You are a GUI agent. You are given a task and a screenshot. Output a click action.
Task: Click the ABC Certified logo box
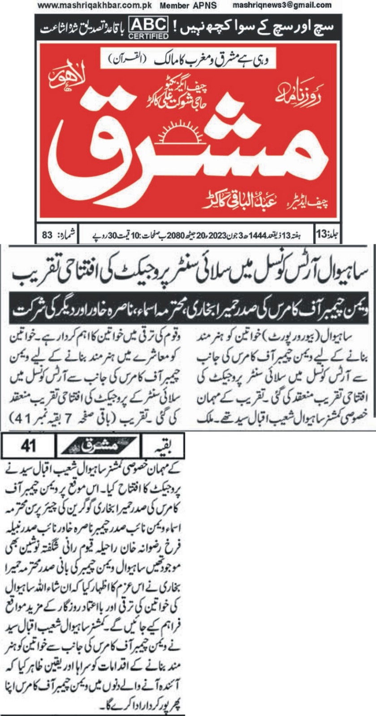148,28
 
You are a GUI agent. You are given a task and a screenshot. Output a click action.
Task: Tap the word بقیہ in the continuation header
163,446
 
